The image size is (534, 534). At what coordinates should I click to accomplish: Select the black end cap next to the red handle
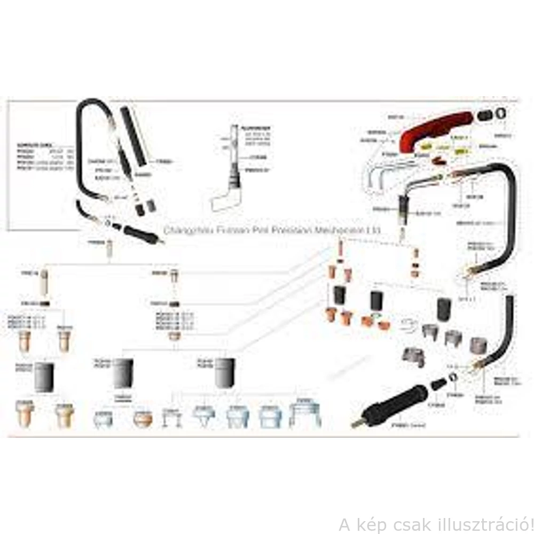coord(484,115)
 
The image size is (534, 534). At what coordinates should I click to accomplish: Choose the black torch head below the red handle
coord(404,210)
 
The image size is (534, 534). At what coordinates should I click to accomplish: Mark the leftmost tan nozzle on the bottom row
coord(25,413)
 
